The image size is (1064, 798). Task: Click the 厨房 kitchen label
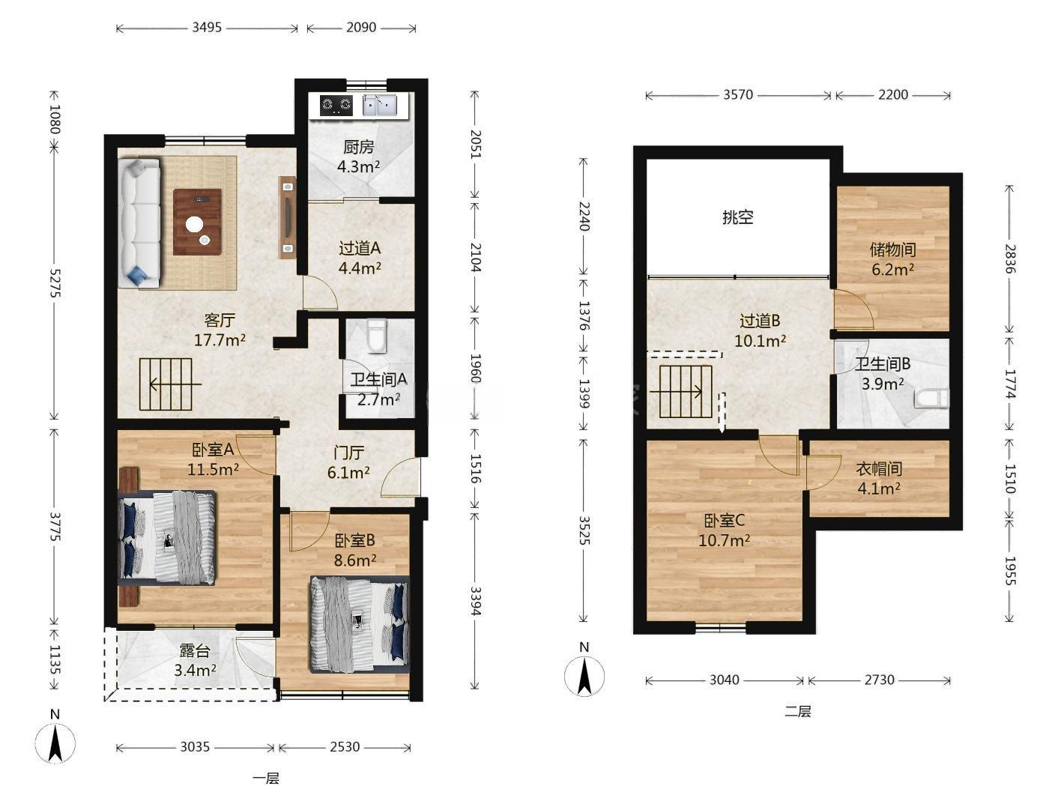tap(359, 147)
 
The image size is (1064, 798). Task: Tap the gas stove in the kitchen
tap(336, 105)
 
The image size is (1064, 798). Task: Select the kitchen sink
tap(380, 105)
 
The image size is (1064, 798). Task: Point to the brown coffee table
tap(197, 222)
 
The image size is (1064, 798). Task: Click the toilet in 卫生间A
tap(377, 335)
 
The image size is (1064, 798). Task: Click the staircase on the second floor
tap(686, 391)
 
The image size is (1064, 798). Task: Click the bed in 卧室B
tap(360, 624)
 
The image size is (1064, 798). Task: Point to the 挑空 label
tap(738, 217)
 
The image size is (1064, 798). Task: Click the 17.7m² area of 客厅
tap(220, 339)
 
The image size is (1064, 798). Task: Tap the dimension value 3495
tap(207, 27)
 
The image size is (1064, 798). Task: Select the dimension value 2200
tap(893, 94)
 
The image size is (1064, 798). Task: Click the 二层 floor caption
tap(798, 711)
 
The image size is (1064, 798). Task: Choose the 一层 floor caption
tap(266, 779)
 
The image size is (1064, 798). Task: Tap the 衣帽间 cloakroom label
tap(879, 468)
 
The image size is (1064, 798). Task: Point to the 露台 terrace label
tap(194, 650)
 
